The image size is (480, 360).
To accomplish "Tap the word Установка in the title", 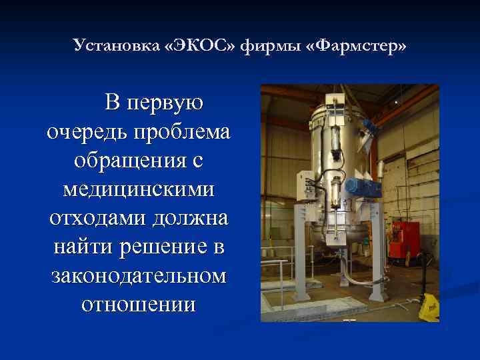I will (x=117, y=47).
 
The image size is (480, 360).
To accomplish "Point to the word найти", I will (x=83, y=247).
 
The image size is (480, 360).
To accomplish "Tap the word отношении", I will (x=138, y=305).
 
